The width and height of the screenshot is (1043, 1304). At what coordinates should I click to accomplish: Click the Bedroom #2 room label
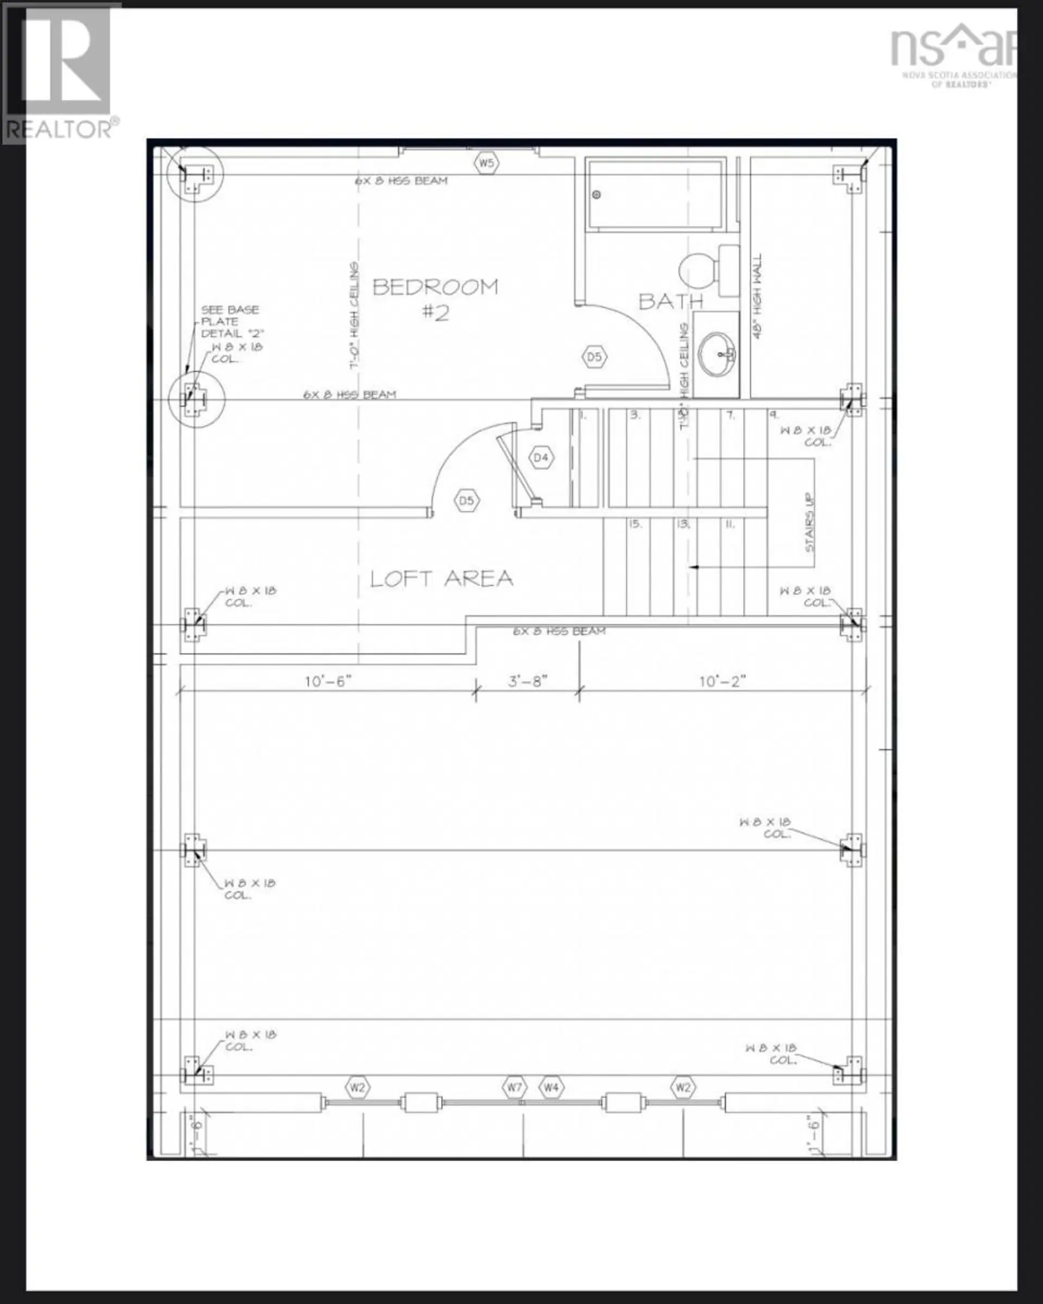click(435, 298)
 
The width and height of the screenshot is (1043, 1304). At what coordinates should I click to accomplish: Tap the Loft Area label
click(442, 579)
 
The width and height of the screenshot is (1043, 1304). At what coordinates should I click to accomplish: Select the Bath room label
click(670, 300)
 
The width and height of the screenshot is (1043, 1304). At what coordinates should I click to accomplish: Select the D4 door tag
click(541, 458)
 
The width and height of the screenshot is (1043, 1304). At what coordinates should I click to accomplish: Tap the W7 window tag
click(514, 1087)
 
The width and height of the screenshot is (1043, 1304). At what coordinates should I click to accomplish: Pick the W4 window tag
click(551, 1087)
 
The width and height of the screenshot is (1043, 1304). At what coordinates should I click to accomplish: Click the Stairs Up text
click(809, 523)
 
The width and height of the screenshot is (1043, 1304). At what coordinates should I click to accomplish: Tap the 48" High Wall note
click(758, 296)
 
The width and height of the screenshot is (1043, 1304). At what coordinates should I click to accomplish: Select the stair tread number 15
click(634, 524)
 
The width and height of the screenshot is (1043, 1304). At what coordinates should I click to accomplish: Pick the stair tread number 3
click(635, 415)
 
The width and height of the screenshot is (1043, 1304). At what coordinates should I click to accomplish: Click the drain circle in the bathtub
click(597, 195)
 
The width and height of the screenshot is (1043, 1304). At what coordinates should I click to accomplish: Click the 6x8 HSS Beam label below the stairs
click(560, 631)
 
